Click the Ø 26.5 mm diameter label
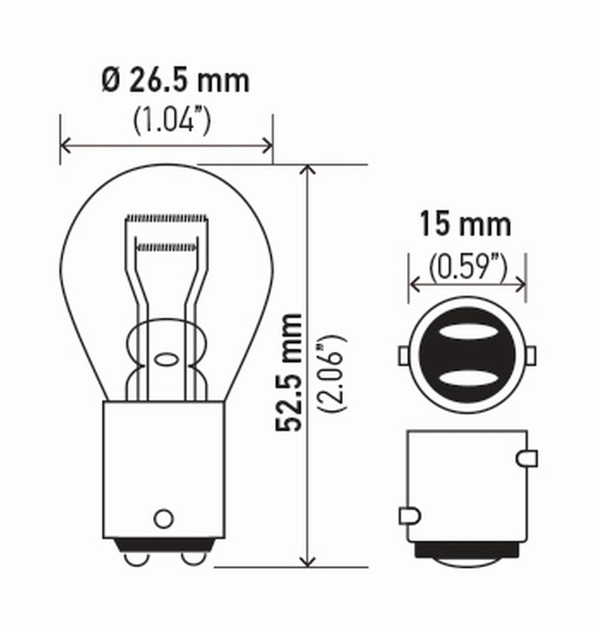(x=175, y=80)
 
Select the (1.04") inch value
(x=171, y=121)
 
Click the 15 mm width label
(x=465, y=225)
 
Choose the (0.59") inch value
(x=467, y=268)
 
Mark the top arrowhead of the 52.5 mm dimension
(x=308, y=171)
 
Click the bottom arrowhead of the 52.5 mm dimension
(x=308, y=559)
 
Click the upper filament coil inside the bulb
(x=167, y=217)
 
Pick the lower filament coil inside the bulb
(x=167, y=247)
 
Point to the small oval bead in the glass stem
(x=166, y=360)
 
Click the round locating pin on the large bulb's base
(x=163, y=518)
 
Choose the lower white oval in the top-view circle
(x=467, y=380)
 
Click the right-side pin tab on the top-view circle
(x=531, y=357)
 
